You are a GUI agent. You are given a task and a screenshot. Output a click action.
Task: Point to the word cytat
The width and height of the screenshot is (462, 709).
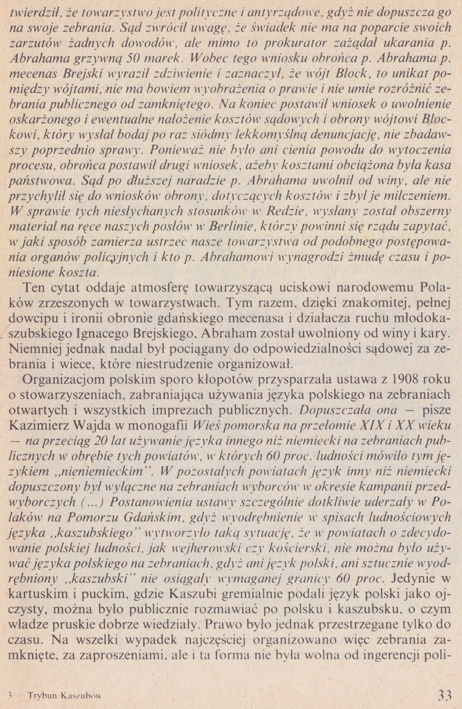[x=67, y=288]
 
